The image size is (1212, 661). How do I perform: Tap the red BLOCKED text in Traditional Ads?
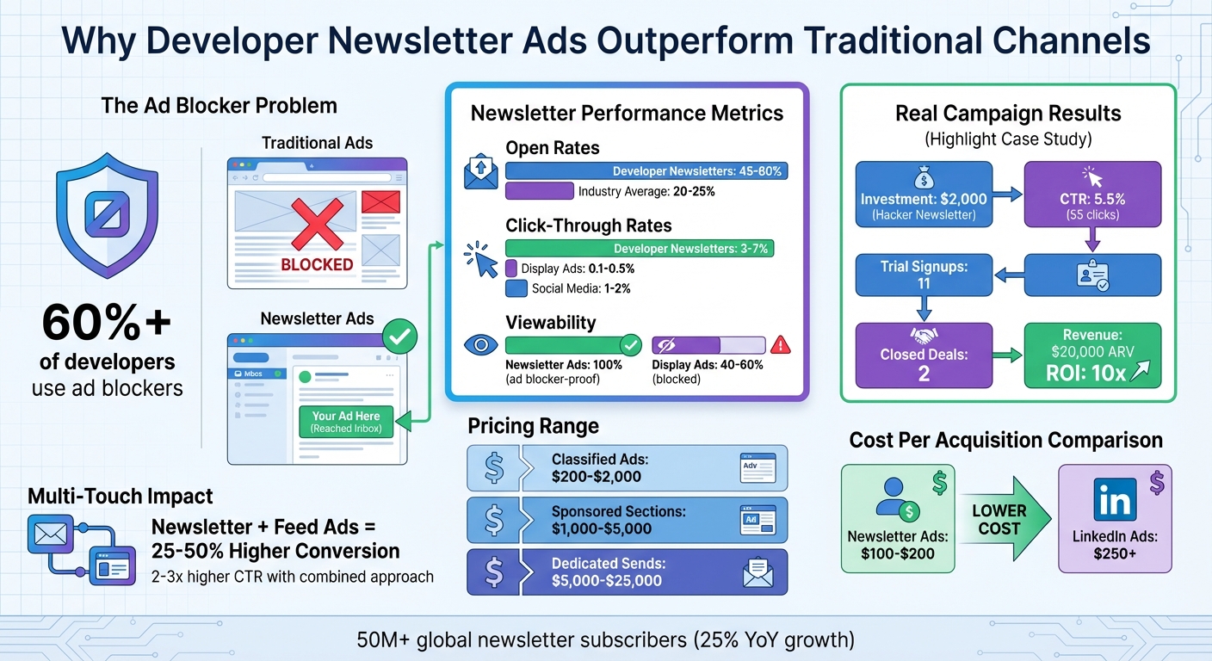317,264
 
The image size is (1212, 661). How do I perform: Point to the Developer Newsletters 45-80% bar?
646,170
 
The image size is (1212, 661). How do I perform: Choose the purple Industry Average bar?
539,191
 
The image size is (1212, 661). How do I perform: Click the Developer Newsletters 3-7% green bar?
640,249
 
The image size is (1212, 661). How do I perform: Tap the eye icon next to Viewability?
481,345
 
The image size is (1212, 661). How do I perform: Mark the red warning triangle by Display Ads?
781,345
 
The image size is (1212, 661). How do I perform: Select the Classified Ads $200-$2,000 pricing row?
627,468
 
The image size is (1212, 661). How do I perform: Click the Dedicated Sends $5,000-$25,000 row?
627,572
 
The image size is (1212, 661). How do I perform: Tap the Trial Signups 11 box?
923,275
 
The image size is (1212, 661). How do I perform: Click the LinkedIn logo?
1115,500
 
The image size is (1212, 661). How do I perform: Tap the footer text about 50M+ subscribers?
605,641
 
